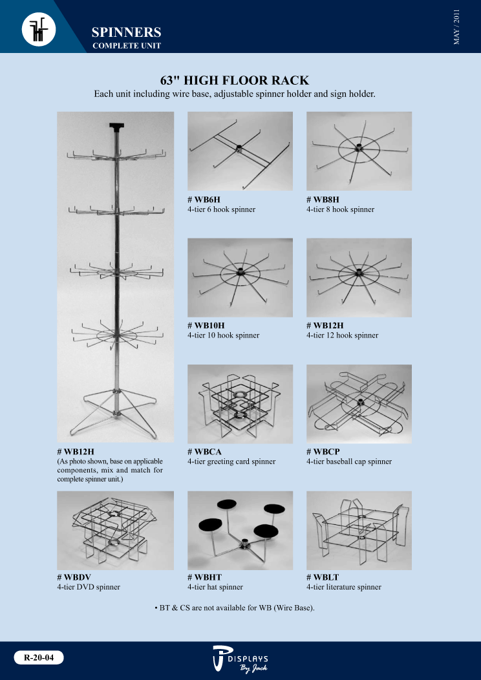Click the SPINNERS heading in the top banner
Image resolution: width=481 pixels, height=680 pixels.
(x=126, y=32)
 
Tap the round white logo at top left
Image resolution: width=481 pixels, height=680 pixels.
(x=39, y=29)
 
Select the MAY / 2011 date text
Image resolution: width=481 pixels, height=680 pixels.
(x=456, y=27)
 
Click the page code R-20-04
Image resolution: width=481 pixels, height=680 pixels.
(x=39, y=657)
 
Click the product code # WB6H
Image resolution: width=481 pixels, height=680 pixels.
(x=204, y=200)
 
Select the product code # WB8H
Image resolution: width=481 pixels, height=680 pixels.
(x=323, y=200)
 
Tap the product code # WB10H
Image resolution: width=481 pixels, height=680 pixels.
(x=206, y=326)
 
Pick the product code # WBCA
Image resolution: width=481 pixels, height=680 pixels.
(x=205, y=452)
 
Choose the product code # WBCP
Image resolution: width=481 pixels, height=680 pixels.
(x=323, y=452)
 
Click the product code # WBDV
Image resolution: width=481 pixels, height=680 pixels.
(x=74, y=577)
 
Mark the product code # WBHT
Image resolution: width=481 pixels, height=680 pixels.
(x=205, y=577)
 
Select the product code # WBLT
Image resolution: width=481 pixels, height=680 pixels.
(x=323, y=577)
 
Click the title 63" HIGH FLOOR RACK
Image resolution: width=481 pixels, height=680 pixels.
(x=235, y=80)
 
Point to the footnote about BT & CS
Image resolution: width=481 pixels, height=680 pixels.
(x=235, y=608)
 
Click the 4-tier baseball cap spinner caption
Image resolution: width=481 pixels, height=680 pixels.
(x=349, y=462)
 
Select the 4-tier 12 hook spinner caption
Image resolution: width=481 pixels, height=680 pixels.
(x=342, y=335)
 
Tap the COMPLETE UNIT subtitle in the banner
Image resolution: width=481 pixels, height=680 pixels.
(x=127, y=45)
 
